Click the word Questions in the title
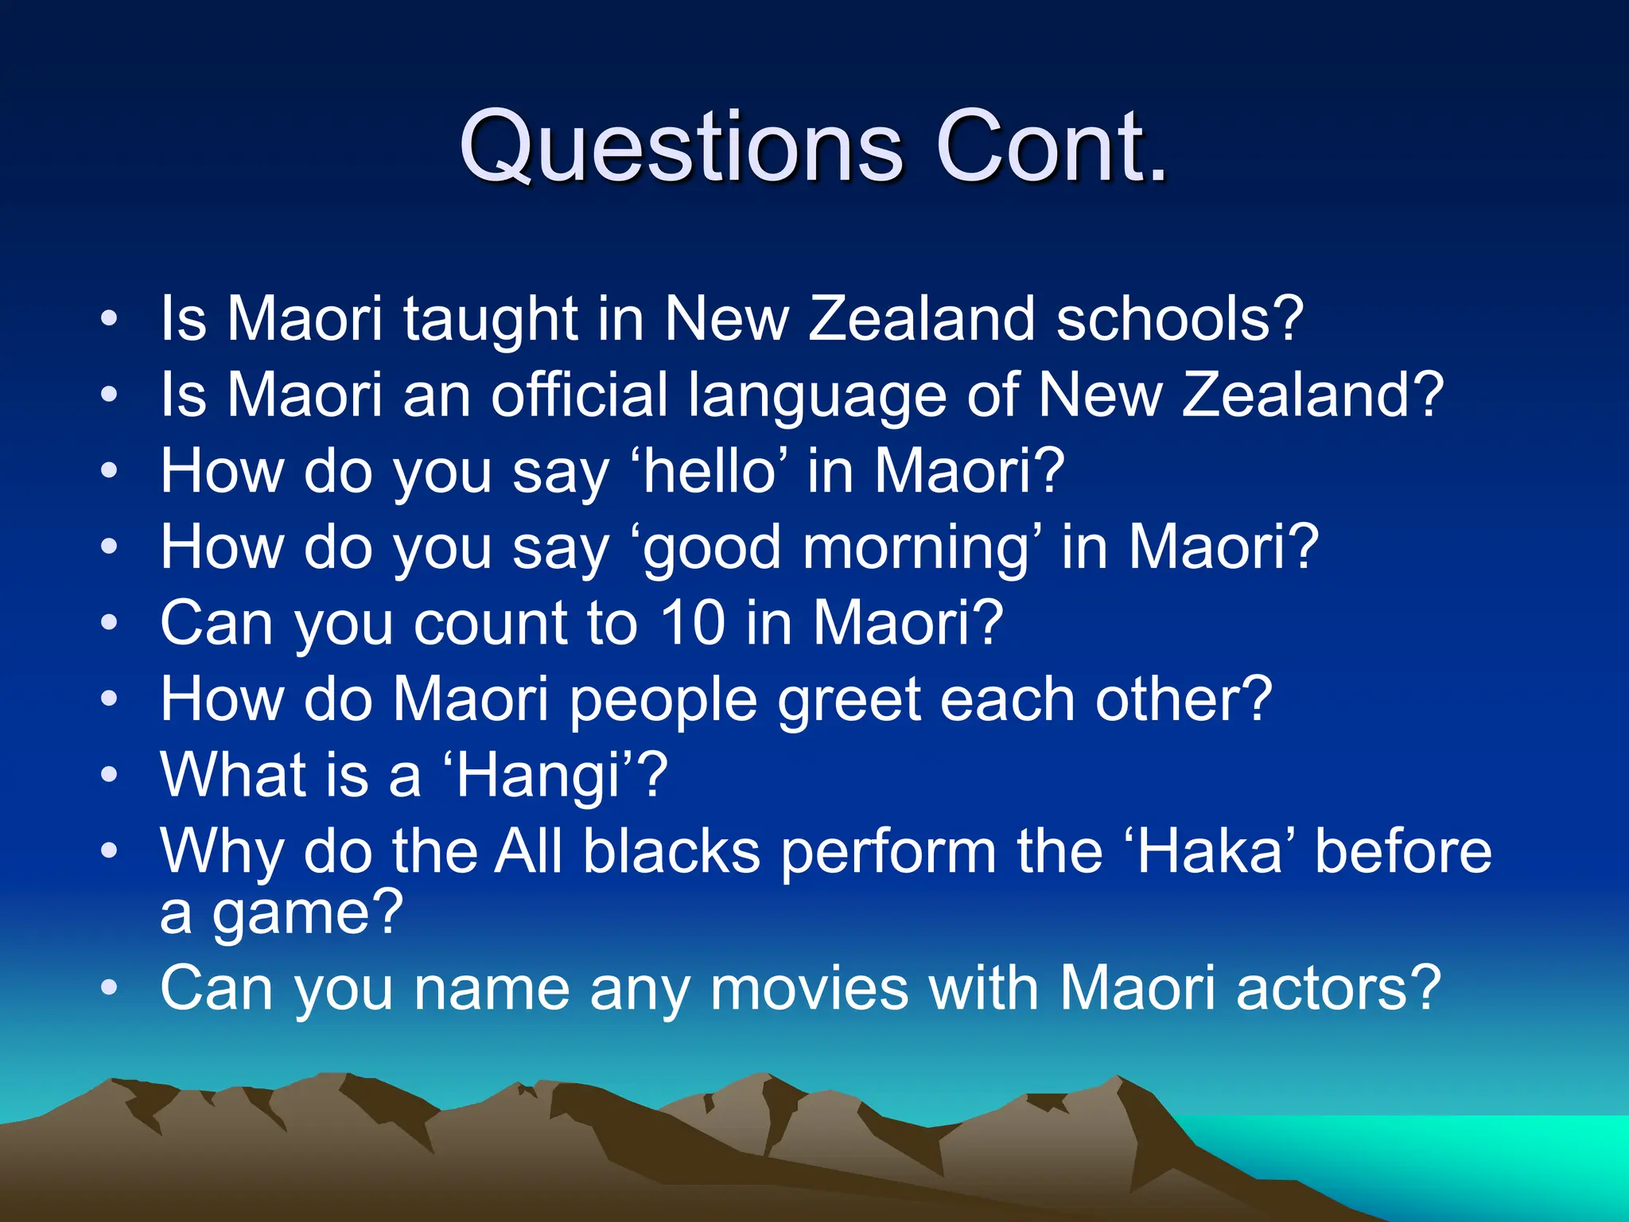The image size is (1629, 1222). click(x=681, y=147)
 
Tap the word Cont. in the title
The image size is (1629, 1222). click(x=1052, y=147)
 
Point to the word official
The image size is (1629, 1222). click(x=579, y=395)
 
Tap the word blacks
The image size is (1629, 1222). click(x=671, y=851)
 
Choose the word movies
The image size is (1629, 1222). click(x=809, y=988)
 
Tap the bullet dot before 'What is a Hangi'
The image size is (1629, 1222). click(x=109, y=774)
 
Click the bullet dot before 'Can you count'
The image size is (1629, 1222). click(x=109, y=622)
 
